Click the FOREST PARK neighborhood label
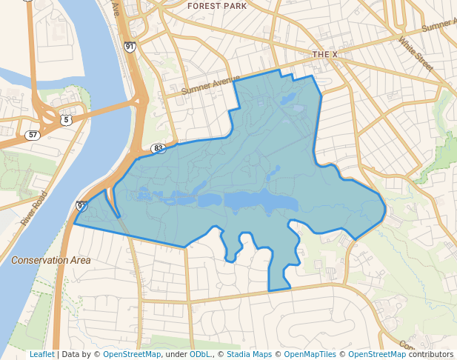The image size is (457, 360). point(217,6)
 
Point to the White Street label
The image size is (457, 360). point(415,54)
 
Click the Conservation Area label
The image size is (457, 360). point(51,260)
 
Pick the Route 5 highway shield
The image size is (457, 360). point(67,119)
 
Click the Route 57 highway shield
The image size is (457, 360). point(32,135)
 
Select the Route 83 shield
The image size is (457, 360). point(159,148)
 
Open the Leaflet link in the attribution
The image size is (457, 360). point(41,354)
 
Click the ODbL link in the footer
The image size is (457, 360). point(200,354)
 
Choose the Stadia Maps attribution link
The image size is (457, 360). point(250,354)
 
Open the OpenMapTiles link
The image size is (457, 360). point(309,354)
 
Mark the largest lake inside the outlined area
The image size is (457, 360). point(259,201)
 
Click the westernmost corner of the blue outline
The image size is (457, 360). point(74,222)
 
